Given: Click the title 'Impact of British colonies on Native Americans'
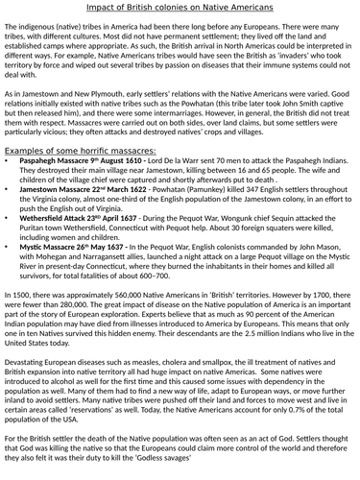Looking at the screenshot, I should click(180, 8).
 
